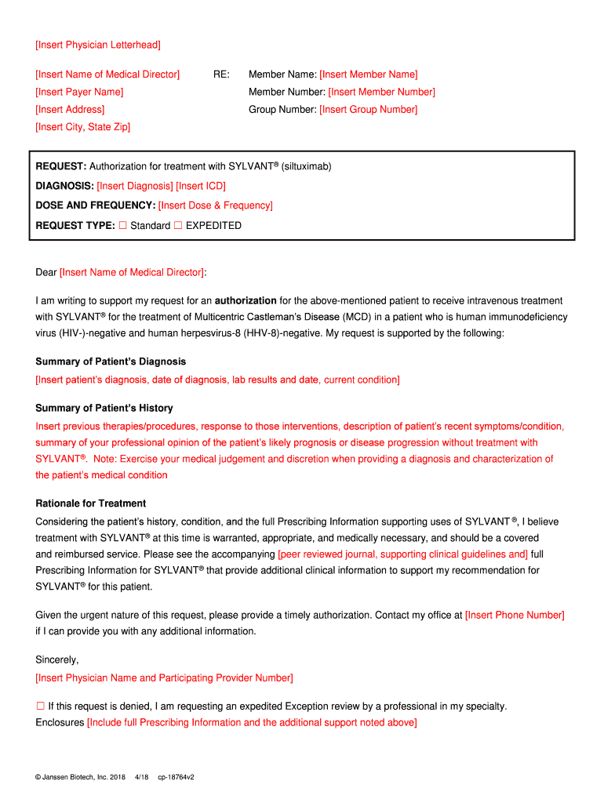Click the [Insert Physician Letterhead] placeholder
(x=98, y=45)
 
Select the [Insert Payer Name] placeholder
(x=79, y=92)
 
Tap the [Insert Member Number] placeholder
(x=381, y=92)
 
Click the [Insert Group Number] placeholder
(x=369, y=109)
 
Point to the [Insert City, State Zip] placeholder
(x=83, y=126)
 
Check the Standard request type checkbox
(x=122, y=226)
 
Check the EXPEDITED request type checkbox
(x=177, y=226)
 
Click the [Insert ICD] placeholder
(x=201, y=186)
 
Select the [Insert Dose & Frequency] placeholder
(x=216, y=205)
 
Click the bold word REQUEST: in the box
(x=61, y=166)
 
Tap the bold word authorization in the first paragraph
(x=246, y=300)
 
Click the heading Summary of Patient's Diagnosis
(x=111, y=362)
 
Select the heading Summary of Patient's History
(x=104, y=408)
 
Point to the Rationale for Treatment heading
(x=91, y=503)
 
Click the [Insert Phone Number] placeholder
(x=515, y=615)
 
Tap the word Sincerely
(x=57, y=659)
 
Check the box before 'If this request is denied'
(x=40, y=706)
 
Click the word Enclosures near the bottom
(x=60, y=722)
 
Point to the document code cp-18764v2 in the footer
(x=176, y=777)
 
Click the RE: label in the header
(x=221, y=74)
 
